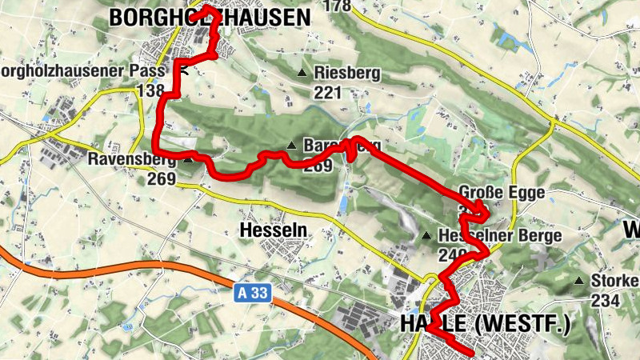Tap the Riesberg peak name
coord(348,74)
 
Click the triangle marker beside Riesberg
coord(302,74)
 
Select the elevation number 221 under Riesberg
coord(327,92)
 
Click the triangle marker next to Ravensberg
coord(187,159)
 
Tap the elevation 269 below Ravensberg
coord(161,178)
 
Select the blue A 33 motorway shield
coord(254,294)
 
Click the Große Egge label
coord(502,193)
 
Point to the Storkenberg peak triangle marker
coord(579,281)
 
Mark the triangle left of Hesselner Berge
coord(427,236)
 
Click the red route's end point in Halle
coord(474,353)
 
